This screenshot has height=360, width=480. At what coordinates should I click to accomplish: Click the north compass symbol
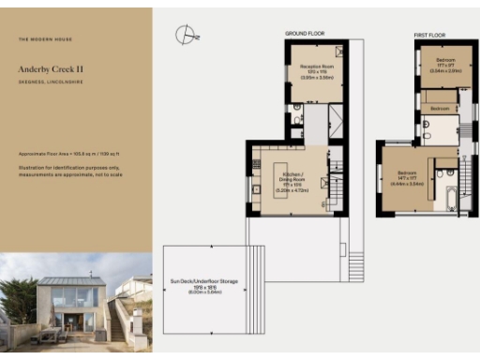click(x=186, y=36)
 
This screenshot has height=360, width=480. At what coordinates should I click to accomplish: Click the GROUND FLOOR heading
click(x=305, y=34)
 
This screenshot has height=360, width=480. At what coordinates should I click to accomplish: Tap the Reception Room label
click(x=317, y=69)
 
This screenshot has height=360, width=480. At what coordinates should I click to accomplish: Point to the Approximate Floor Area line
click(x=66, y=153)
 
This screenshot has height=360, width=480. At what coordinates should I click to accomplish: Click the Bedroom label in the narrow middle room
click(x=440, y=110)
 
